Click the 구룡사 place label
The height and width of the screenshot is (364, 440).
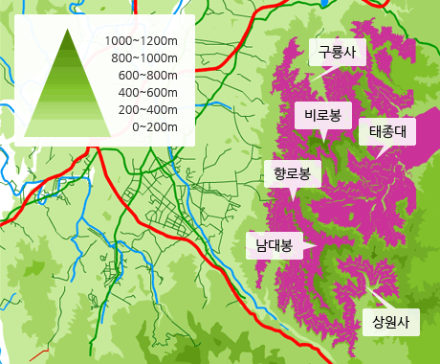[337, 53]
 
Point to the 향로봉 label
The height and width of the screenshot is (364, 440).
[292, 173]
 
